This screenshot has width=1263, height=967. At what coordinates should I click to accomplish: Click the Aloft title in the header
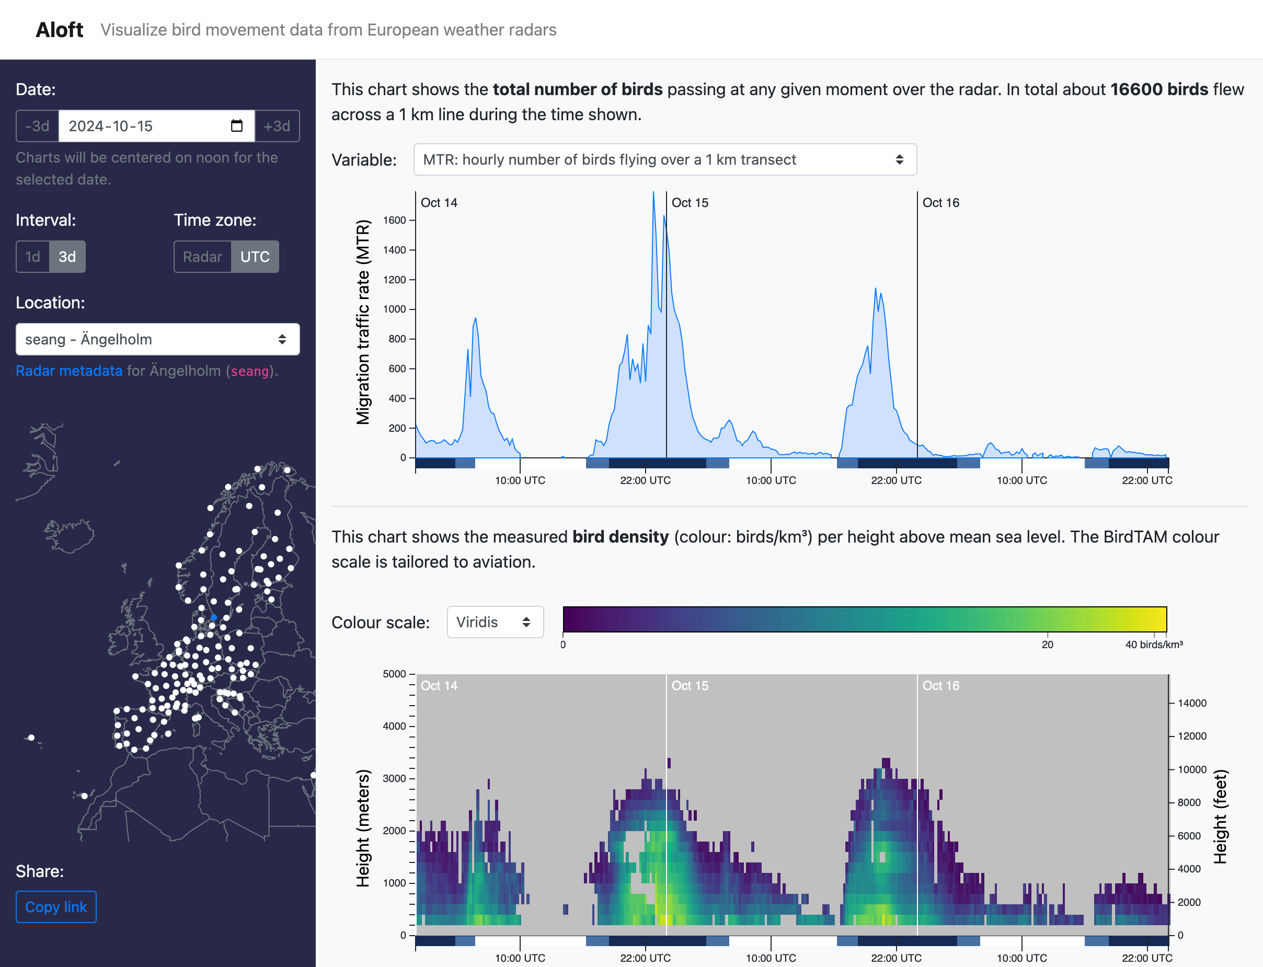(x=59, y=30)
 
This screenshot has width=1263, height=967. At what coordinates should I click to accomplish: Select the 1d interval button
(x=33, y=257)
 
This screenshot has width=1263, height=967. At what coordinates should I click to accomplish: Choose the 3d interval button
(x=67, y=257)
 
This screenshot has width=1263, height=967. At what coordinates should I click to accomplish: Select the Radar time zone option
(x=202, y=257)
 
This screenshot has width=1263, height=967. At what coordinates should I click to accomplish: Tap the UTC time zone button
(x=255, y=257)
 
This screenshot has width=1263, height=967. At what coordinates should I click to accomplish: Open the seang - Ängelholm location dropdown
(x=157, y=340)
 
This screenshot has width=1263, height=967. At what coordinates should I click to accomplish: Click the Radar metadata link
(x=68, y=371)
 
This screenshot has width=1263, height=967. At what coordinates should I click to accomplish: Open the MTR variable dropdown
(x=664, y=159)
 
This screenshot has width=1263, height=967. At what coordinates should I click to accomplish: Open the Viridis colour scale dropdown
(x=495, y=622)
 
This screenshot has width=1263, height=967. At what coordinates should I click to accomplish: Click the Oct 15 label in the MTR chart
(x=690, y=203)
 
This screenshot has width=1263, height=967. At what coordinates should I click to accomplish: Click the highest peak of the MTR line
(x=653, y=193)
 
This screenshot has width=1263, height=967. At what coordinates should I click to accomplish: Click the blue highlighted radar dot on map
(x=214, y=617)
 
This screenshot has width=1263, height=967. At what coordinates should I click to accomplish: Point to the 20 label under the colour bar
(x=1047, y=644)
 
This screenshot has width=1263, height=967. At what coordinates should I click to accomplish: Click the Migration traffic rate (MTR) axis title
(x=363, y=322)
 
